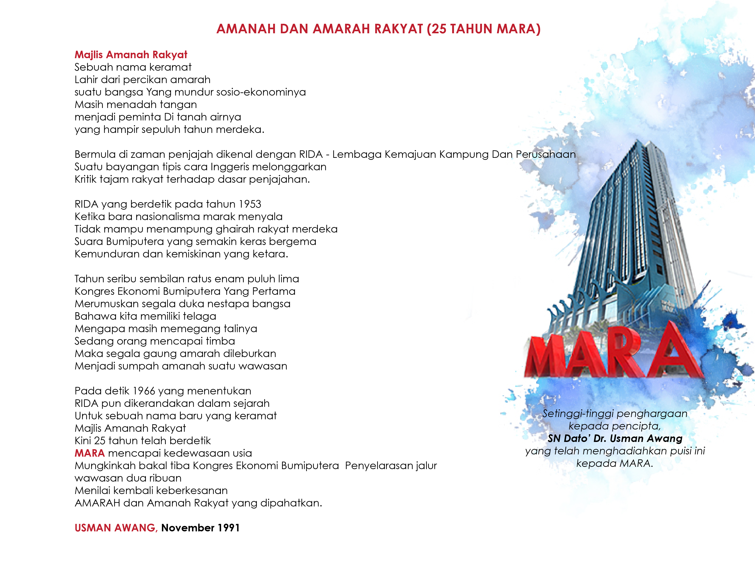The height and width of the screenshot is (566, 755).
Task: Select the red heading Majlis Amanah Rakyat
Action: [x=131, y=55]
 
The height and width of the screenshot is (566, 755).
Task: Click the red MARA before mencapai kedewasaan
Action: [x=89, y=453]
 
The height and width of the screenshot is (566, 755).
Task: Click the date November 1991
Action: [x=200, y=528]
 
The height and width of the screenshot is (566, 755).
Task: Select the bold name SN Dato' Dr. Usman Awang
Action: [x=615, y=438]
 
